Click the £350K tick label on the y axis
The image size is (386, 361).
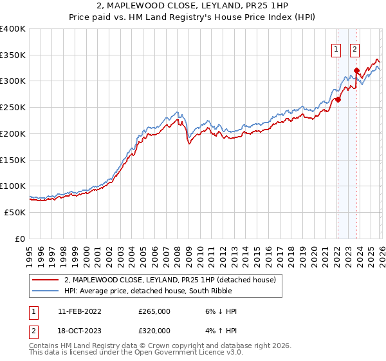click(13, 55)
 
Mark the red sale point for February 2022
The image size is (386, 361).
click(337, 99)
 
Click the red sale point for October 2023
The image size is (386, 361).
click(356, 70)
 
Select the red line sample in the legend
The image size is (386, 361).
click(45, 280)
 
